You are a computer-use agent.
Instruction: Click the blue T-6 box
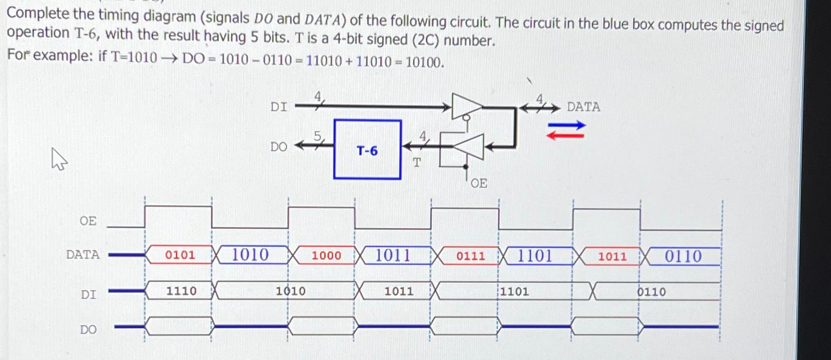367,150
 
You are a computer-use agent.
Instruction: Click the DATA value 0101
180,255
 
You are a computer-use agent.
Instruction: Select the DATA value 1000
326,256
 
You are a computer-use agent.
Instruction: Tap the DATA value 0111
471,256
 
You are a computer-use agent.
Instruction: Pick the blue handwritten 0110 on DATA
683,256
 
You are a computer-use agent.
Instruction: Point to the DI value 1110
181,291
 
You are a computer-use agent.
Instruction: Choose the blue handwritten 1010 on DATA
250,255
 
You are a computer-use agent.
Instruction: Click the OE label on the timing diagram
88,221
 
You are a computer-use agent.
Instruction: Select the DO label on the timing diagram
88,330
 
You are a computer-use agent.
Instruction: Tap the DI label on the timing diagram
88,295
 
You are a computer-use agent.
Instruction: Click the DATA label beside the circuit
583,107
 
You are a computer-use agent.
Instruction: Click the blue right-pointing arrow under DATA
567,125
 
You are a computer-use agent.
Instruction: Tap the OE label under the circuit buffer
479,183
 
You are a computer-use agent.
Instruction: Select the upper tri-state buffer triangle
467,106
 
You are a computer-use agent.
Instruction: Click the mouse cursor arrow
59,158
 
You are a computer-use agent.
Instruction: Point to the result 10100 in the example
424,62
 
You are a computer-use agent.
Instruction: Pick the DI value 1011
399,291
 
